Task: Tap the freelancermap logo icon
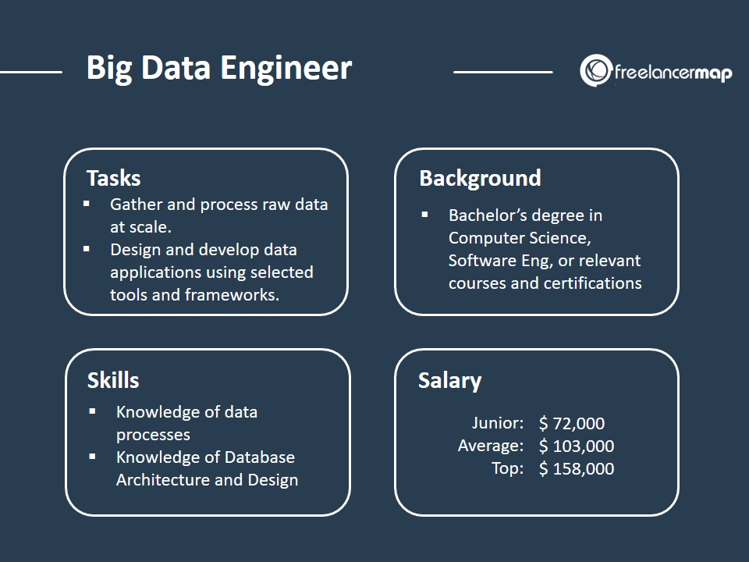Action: tap(595, 71)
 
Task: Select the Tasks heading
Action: tap(114, 178)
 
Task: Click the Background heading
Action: tap(480, 178)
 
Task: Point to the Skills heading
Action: tap(113, 380)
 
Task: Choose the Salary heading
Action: tap(449, 380)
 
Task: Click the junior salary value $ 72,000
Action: tap(572, 424)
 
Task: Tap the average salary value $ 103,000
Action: tap(577, 446)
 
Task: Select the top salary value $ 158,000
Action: tap(577, 469)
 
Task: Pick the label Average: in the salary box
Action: tap(491, 446)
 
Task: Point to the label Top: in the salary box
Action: tap(507, 469)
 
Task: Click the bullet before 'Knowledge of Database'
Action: tap(93, 457)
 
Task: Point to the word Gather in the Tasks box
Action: tap(136, 205)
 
